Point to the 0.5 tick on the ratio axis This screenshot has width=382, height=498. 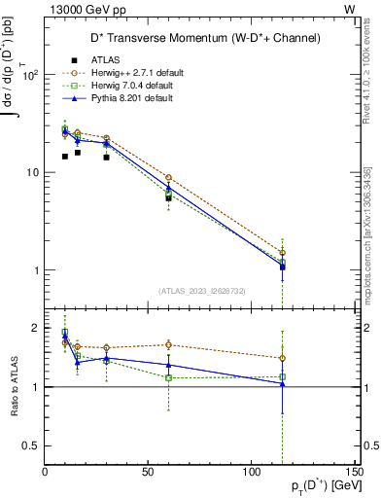pyautogui.click(x=32, y=445)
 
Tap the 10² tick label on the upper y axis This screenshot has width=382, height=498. pyautogui.click(x=31, y=75)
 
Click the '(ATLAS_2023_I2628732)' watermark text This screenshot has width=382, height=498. pyautogui.click(x=201, y=289)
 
